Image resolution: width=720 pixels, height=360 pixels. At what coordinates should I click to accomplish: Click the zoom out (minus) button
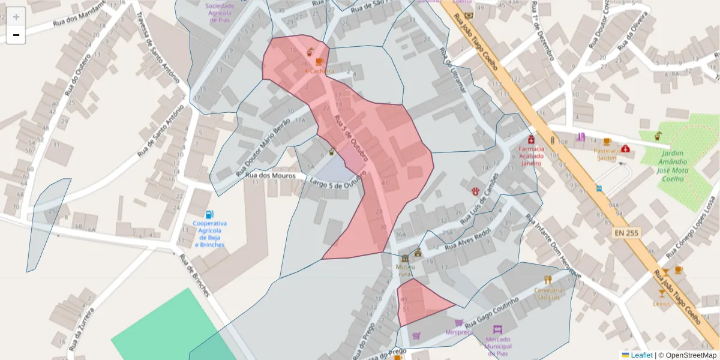pos(16,35)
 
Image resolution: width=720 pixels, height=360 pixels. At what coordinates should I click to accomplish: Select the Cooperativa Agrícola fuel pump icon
pos(209,214)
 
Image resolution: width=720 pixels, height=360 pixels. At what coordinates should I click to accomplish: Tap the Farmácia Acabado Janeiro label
pos(531,155)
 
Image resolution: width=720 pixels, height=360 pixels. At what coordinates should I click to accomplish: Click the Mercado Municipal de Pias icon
pos(497,329)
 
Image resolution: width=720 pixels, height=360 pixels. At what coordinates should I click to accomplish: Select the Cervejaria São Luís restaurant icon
pos(547,280)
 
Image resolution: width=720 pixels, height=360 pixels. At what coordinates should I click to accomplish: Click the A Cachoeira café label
pos(319,71)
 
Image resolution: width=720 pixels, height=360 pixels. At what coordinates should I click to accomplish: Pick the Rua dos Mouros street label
pos(271,175)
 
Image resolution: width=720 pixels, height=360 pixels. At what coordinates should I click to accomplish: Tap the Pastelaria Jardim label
pos(606,154)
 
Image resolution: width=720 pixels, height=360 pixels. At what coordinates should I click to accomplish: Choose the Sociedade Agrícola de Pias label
pos(220,13)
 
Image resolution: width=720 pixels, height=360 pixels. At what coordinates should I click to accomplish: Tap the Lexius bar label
pos(662,304)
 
